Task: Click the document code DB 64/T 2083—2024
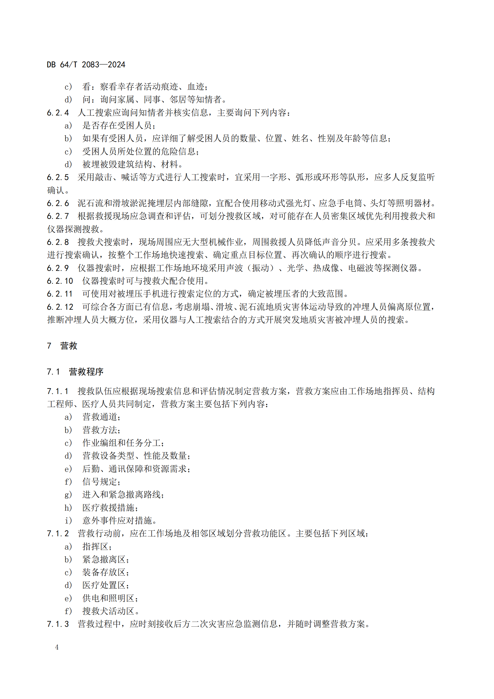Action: [86, 65]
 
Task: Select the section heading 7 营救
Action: [62, 346]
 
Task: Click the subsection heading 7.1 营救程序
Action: [75, 372]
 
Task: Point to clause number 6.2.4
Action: [58, 113]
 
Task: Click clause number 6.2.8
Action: [58, 242]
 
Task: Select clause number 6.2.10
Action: [60, 281]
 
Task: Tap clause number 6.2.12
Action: [60, 307]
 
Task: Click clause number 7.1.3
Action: [58, 624]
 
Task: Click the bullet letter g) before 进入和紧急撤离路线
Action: [68, 495]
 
